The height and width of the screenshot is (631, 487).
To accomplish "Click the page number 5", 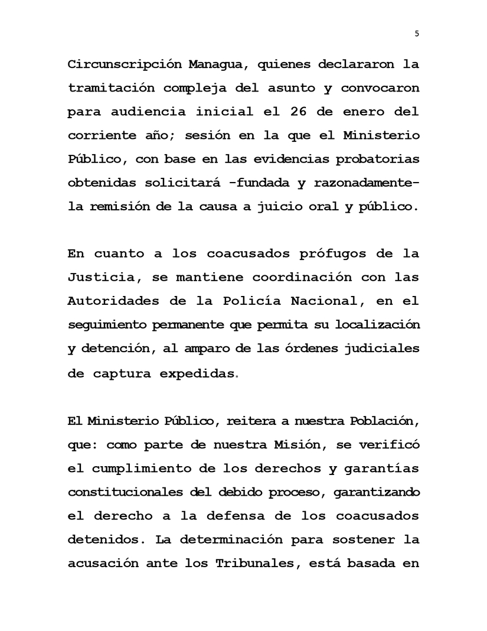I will point(417,34).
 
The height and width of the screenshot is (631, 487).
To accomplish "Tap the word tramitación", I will point(106,87).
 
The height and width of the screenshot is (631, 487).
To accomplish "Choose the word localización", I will point(377,324).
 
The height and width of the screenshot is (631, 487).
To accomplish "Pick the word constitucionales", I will point(127,492).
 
